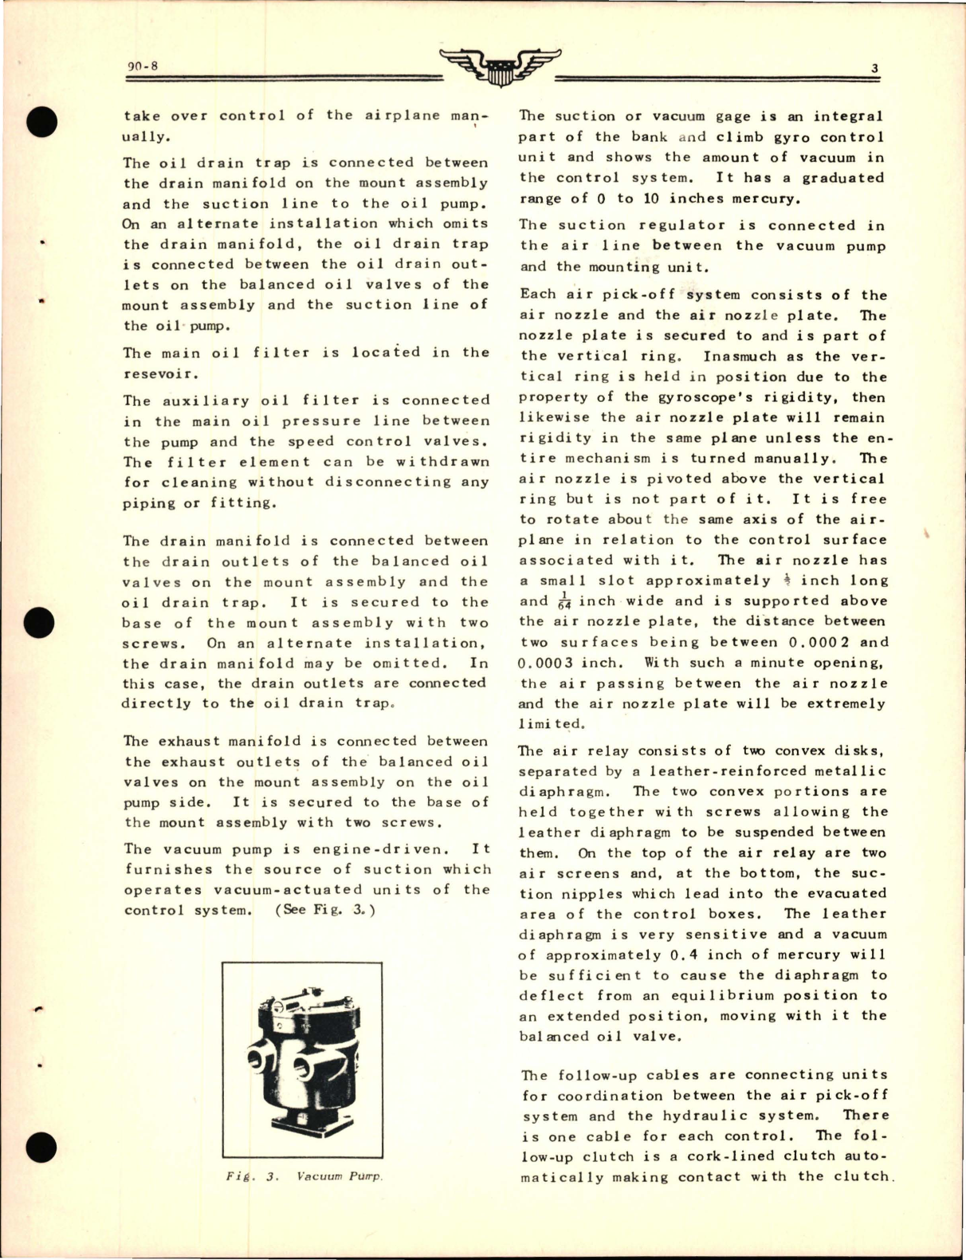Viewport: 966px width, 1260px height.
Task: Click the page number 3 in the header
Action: click(x=874, y=69)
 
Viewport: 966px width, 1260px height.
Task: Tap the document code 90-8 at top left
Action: click(x=142, y=66)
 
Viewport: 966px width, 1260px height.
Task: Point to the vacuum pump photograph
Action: click(x=302, y=1061)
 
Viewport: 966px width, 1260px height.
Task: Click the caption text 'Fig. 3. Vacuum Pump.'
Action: click(x=303, y=1177)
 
